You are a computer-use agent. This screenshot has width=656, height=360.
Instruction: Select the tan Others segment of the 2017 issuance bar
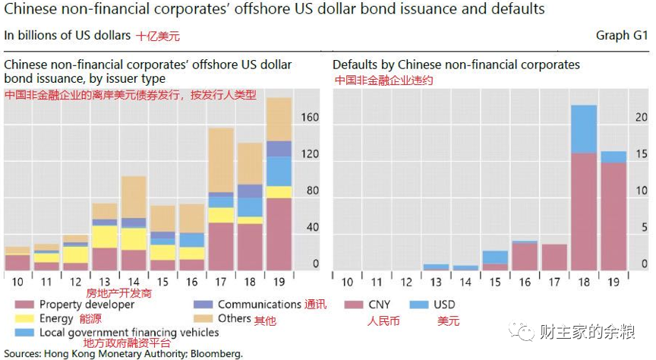(x=221, y=159)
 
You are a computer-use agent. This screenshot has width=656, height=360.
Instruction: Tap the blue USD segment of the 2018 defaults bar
(x=583, y=129)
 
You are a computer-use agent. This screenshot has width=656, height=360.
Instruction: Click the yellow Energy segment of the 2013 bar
(x=105, y=236)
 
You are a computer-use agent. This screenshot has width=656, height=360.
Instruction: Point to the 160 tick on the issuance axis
(x=310, y=118)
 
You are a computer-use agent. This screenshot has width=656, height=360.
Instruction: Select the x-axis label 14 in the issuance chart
(x=134, y=282)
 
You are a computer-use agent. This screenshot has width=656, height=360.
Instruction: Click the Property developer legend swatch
(x=24, y=305)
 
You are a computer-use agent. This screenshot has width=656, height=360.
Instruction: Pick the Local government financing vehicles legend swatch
(x=24, y=333)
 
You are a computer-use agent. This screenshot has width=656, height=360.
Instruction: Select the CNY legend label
(x=379, y=305)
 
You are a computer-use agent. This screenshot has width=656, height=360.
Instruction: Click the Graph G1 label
(x=621, y=35)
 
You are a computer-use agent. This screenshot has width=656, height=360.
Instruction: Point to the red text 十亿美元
(x=158, y=36)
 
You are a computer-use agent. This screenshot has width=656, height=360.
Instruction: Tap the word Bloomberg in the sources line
(x=216, y=354)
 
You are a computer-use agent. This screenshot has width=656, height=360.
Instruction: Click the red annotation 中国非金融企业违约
(x=383, y=79)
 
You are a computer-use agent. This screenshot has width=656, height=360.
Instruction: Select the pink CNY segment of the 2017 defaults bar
(x=554, y=257)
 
